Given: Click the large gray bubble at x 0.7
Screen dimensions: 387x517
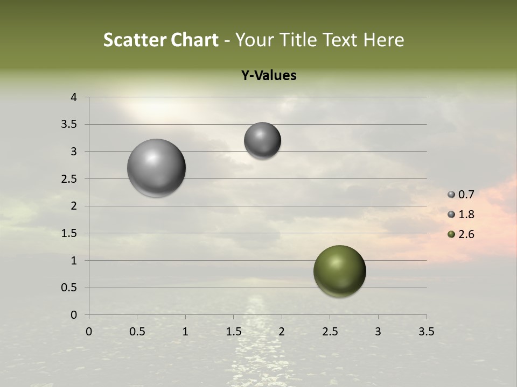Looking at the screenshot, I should pos(156,168).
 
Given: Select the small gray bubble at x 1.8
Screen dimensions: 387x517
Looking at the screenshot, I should pos(262,140).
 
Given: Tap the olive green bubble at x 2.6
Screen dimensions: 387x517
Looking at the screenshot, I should pos(339,271).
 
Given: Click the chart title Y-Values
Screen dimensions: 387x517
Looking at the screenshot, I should pos(269,76).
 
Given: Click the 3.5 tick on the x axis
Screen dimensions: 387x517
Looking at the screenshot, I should pos(426,332).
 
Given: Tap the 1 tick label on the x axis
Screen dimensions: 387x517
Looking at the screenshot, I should pos(185,332).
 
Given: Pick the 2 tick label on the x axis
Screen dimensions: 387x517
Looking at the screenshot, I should pos(282,332).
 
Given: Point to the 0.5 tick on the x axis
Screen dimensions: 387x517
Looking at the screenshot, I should pos(137,332).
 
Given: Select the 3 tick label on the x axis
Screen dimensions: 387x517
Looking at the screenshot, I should pos(378,332).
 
